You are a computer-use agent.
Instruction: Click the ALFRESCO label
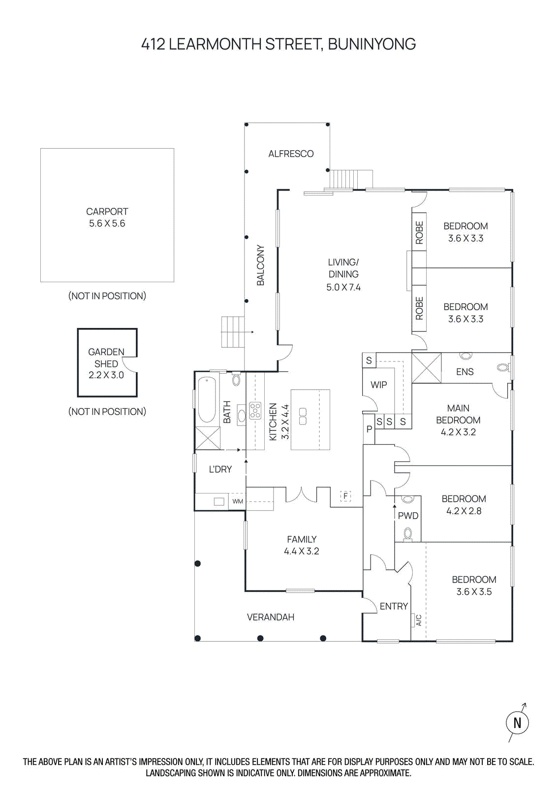[x=291, y=154]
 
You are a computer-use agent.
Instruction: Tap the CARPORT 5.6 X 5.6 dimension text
[x=107, y=224]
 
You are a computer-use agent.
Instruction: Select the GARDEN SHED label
[x=106, y=358]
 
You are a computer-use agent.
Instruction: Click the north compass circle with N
[x=517, y=723]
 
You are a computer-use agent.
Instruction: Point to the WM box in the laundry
[x=238, y=501]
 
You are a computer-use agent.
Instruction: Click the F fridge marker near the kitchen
[x=346, y=495]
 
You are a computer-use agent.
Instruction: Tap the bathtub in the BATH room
[x=207, y=400]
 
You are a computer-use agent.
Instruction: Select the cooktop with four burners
[x=255, y=410]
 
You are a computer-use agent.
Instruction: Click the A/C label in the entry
[x=419, y=620]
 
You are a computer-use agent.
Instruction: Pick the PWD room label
[x=408, y=516]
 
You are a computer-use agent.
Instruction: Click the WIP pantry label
[x=378, y=385]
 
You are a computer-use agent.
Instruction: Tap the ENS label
[x=464, y=372]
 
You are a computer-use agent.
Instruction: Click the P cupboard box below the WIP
[x=369, y=429]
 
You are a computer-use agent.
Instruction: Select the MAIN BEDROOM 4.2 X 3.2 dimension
[x=458, y=432]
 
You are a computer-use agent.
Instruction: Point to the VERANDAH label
[x=270, y=617]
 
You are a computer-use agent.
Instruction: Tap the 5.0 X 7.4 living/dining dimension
[x=343, y=287]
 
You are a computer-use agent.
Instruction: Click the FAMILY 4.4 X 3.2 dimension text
[x=302, y=551]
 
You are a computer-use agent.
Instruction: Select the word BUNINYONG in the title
[x=371, y=44]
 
